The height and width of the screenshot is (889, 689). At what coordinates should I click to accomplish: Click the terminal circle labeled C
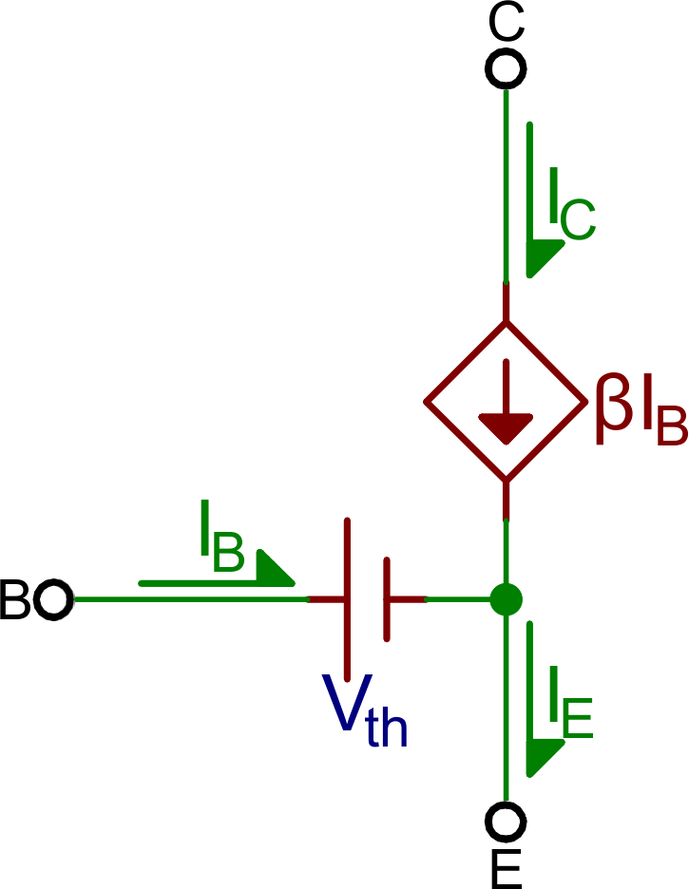506,68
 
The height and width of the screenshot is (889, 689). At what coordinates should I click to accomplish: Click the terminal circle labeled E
506,819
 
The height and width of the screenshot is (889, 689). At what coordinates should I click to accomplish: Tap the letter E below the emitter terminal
507,866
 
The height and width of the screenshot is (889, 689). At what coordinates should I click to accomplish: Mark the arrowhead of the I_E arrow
541,755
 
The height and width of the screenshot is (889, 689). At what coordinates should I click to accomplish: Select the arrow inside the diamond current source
505,408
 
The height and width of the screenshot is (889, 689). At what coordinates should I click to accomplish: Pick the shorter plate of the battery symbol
387,599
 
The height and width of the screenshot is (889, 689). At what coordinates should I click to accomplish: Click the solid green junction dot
506,599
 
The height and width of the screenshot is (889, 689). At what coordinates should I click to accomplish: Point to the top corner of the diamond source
505,324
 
